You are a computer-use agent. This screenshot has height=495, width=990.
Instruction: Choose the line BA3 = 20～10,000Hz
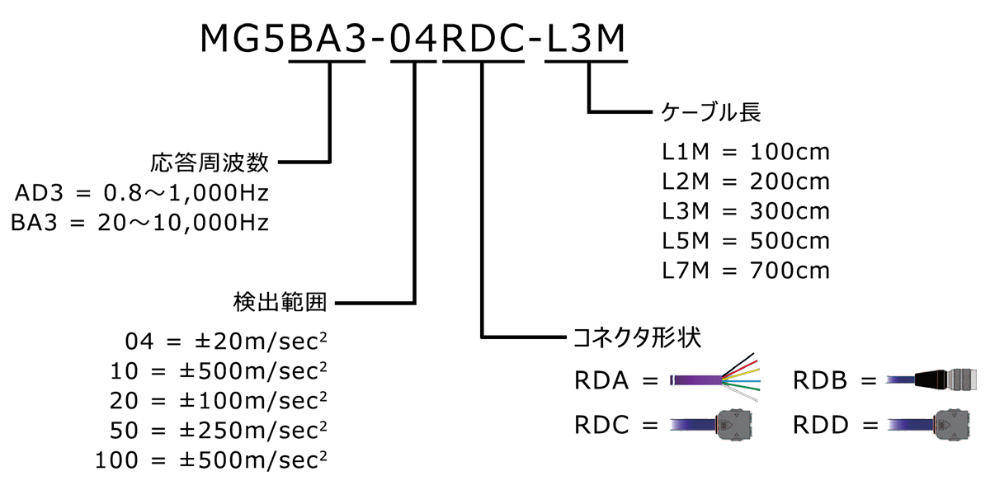coord(140,223)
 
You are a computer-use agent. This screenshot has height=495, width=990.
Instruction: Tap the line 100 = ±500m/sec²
coord(211,460)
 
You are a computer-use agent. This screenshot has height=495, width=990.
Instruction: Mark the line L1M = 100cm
coord(745,152)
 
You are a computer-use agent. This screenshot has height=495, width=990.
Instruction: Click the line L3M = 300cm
coord(745,211)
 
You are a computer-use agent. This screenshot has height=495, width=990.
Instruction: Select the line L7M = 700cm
coord(745,270)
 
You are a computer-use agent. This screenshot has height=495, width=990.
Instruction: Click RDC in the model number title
coord(484,40)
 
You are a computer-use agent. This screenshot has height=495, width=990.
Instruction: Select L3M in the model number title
coord(587,40)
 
